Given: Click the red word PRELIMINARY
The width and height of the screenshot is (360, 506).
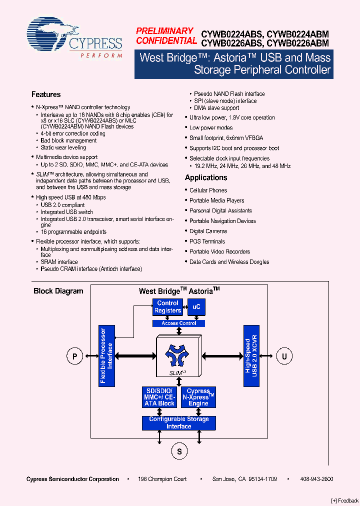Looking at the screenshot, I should [x=164, y=31].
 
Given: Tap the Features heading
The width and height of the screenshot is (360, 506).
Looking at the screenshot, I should [x=46, y=94].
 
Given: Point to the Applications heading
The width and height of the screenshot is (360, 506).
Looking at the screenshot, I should [x=206, y=177].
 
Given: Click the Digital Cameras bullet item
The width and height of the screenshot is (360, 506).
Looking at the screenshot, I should [x=208, y=231].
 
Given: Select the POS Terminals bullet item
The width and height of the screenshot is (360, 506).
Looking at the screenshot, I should [x=207, y=241].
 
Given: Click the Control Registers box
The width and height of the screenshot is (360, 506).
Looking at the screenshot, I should [x=167, y=307].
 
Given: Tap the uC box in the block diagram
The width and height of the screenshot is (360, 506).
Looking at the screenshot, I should [x=196, y=307].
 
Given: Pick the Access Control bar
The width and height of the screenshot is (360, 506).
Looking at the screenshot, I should [x=178, y=323].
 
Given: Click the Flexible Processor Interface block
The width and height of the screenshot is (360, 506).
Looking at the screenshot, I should [x=106, y=355].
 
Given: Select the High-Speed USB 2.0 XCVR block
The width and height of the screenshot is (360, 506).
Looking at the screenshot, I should [x=251, y=355].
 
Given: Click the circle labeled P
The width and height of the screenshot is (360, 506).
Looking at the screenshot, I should [x=74, y=356].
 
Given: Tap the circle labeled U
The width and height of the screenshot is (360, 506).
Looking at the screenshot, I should [x=284, y=356].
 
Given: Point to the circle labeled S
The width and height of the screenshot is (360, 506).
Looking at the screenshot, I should [x=179, y=451].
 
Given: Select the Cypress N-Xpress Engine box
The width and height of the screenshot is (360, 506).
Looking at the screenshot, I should [x=198, y=397].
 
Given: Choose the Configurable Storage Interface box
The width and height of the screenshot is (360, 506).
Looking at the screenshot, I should [x=178, y=423].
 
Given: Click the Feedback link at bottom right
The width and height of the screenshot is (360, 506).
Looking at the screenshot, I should [x=345, y=500].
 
